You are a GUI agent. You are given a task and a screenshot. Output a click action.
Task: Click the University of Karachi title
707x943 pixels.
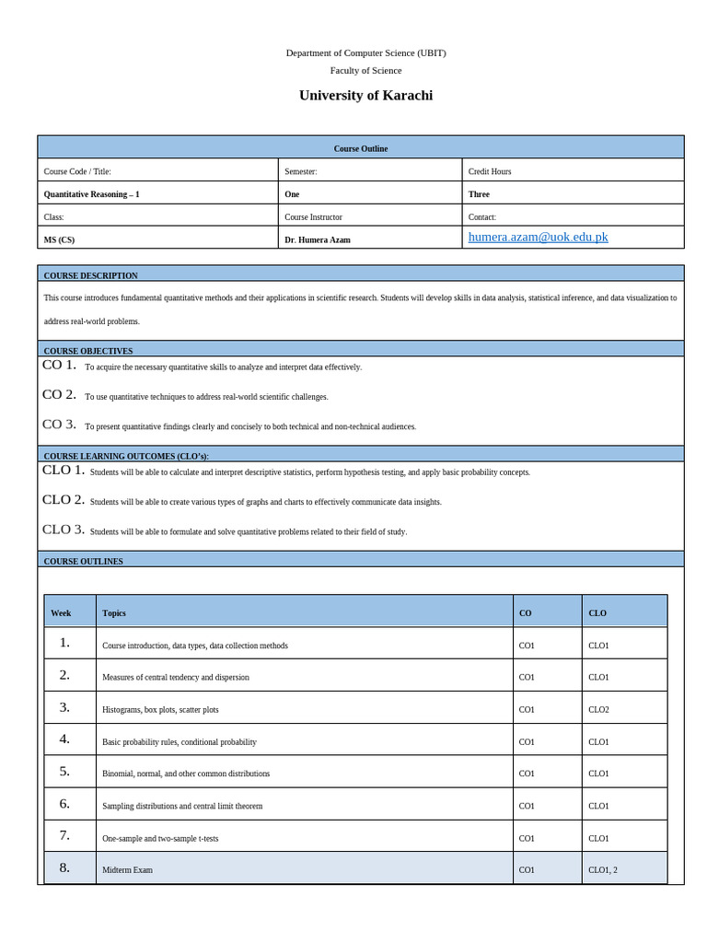365,96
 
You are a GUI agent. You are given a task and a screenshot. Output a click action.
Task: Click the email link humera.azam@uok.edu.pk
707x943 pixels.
538,238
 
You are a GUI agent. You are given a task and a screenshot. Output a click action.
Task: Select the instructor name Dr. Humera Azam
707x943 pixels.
317,240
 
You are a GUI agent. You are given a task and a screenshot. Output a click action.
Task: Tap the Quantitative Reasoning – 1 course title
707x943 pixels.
91,194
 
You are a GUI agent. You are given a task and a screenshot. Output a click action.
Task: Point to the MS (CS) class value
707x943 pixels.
59,240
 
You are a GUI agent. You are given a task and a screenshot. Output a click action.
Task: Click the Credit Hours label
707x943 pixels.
489,171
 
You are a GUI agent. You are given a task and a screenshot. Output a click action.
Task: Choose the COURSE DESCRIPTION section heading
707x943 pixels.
90,275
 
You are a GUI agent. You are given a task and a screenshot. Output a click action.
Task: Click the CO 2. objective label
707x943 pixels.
59,394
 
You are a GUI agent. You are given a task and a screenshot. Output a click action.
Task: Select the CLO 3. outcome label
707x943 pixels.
63,530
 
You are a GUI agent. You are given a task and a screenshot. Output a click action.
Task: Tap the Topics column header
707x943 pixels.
114,613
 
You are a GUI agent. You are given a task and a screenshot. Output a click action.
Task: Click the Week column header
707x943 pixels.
61,613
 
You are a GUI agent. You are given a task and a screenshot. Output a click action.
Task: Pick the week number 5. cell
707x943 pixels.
64,772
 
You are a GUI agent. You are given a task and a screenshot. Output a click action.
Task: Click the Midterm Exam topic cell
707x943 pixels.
127,870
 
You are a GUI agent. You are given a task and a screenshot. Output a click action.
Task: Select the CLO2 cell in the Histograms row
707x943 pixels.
598,710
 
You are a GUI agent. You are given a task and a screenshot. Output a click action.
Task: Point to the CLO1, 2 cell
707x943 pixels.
602,870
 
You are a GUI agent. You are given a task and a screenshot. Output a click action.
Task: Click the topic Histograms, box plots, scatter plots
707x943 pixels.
160,710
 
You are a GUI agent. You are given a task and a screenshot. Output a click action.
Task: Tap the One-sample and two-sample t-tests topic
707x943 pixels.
160,839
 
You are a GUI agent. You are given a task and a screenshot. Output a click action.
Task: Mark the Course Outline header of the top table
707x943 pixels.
360,148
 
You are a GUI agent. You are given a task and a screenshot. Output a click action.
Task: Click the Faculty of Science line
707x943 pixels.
365,70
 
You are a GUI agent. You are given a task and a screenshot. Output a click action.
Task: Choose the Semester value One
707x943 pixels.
292,194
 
